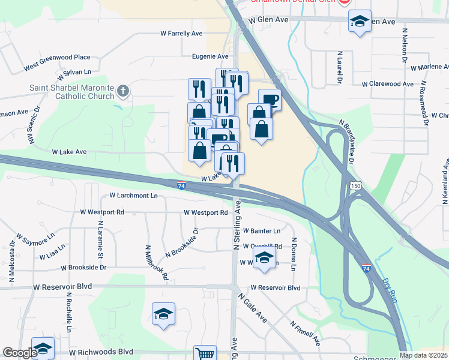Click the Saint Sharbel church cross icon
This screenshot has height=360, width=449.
122,92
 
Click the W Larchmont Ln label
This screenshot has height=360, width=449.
133,196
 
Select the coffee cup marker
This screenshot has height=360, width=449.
270,100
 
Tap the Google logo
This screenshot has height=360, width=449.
20,353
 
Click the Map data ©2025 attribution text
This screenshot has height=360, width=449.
423,355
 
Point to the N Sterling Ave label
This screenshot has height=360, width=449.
237,226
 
